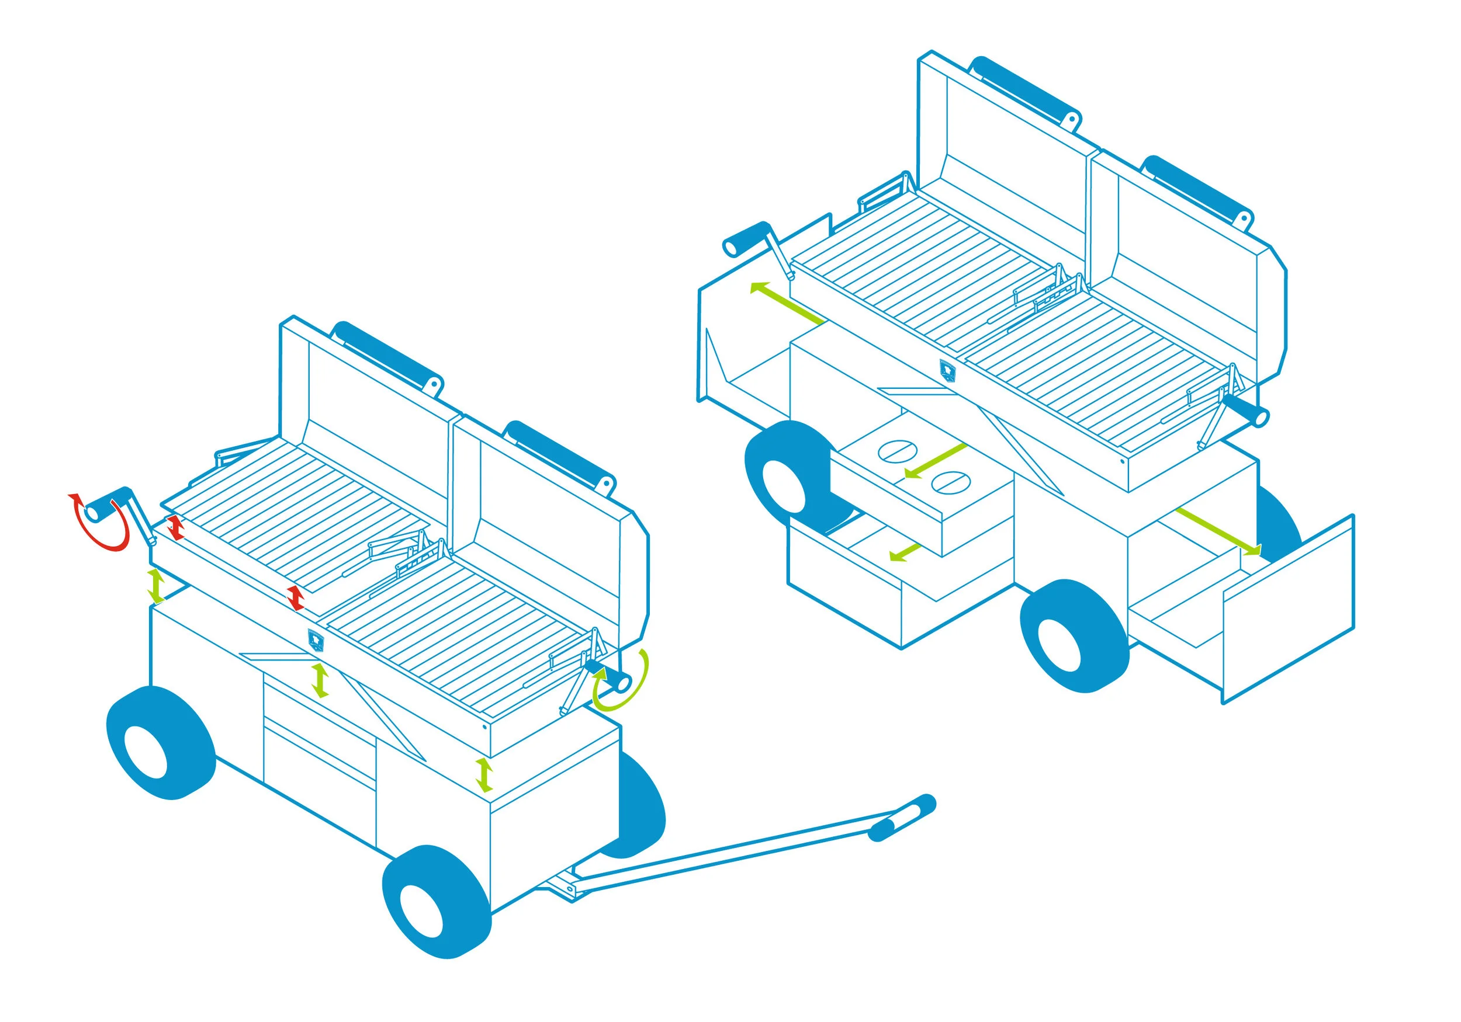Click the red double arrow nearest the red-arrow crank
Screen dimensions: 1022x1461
pos(175,529)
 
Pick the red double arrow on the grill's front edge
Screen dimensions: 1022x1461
pos(295,599)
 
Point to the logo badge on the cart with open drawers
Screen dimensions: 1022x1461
pos(947,369)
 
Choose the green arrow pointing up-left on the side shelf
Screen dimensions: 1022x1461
pos(787,305)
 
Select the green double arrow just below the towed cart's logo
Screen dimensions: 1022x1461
pos(320,680)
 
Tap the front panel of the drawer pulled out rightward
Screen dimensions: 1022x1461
pos(1289,610)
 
